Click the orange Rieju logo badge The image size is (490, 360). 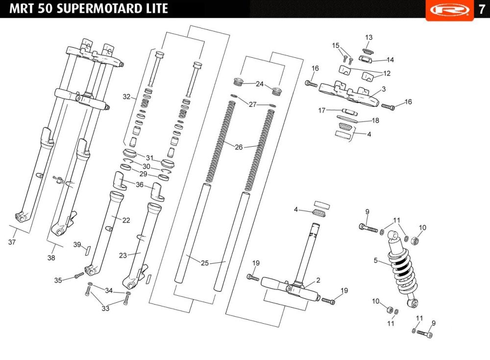[450, 10]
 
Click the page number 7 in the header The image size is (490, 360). [482, 9]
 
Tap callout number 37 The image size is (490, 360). [12, 242]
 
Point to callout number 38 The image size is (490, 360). [51, 257]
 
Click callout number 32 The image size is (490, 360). [126, 97]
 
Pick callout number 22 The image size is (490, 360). [126, 220]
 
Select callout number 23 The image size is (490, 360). [123, 256]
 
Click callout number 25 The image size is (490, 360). [205, 263]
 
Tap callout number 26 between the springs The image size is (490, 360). [239, 147]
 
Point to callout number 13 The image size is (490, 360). [369, 37]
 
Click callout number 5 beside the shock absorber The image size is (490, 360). [376, 260]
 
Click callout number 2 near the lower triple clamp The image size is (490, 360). [318, 280]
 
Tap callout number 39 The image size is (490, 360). [77, 245]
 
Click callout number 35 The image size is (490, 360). [58, 280]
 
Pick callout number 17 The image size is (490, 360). [322, 110]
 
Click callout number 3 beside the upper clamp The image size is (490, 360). [384, 89]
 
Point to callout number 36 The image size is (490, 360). [140, 184]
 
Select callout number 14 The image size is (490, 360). [391, 59]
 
